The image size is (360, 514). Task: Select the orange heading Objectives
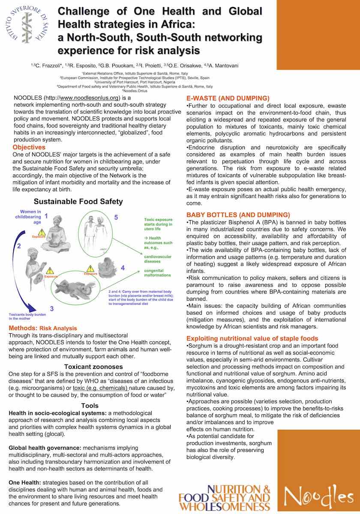pyautogui.click(x=29, y=147)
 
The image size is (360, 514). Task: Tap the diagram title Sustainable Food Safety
pyautogui.click(x=78, y=201)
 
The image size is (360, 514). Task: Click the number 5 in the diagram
pyautogui.click(x=116, y=218)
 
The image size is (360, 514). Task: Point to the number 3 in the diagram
pyautogui.click(x=51, y=308)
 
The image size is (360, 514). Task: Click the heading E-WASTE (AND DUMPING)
pyautogui.click(x=228, y=98)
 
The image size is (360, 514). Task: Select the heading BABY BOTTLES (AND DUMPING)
pyautogui.click(x=238, y=215)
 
